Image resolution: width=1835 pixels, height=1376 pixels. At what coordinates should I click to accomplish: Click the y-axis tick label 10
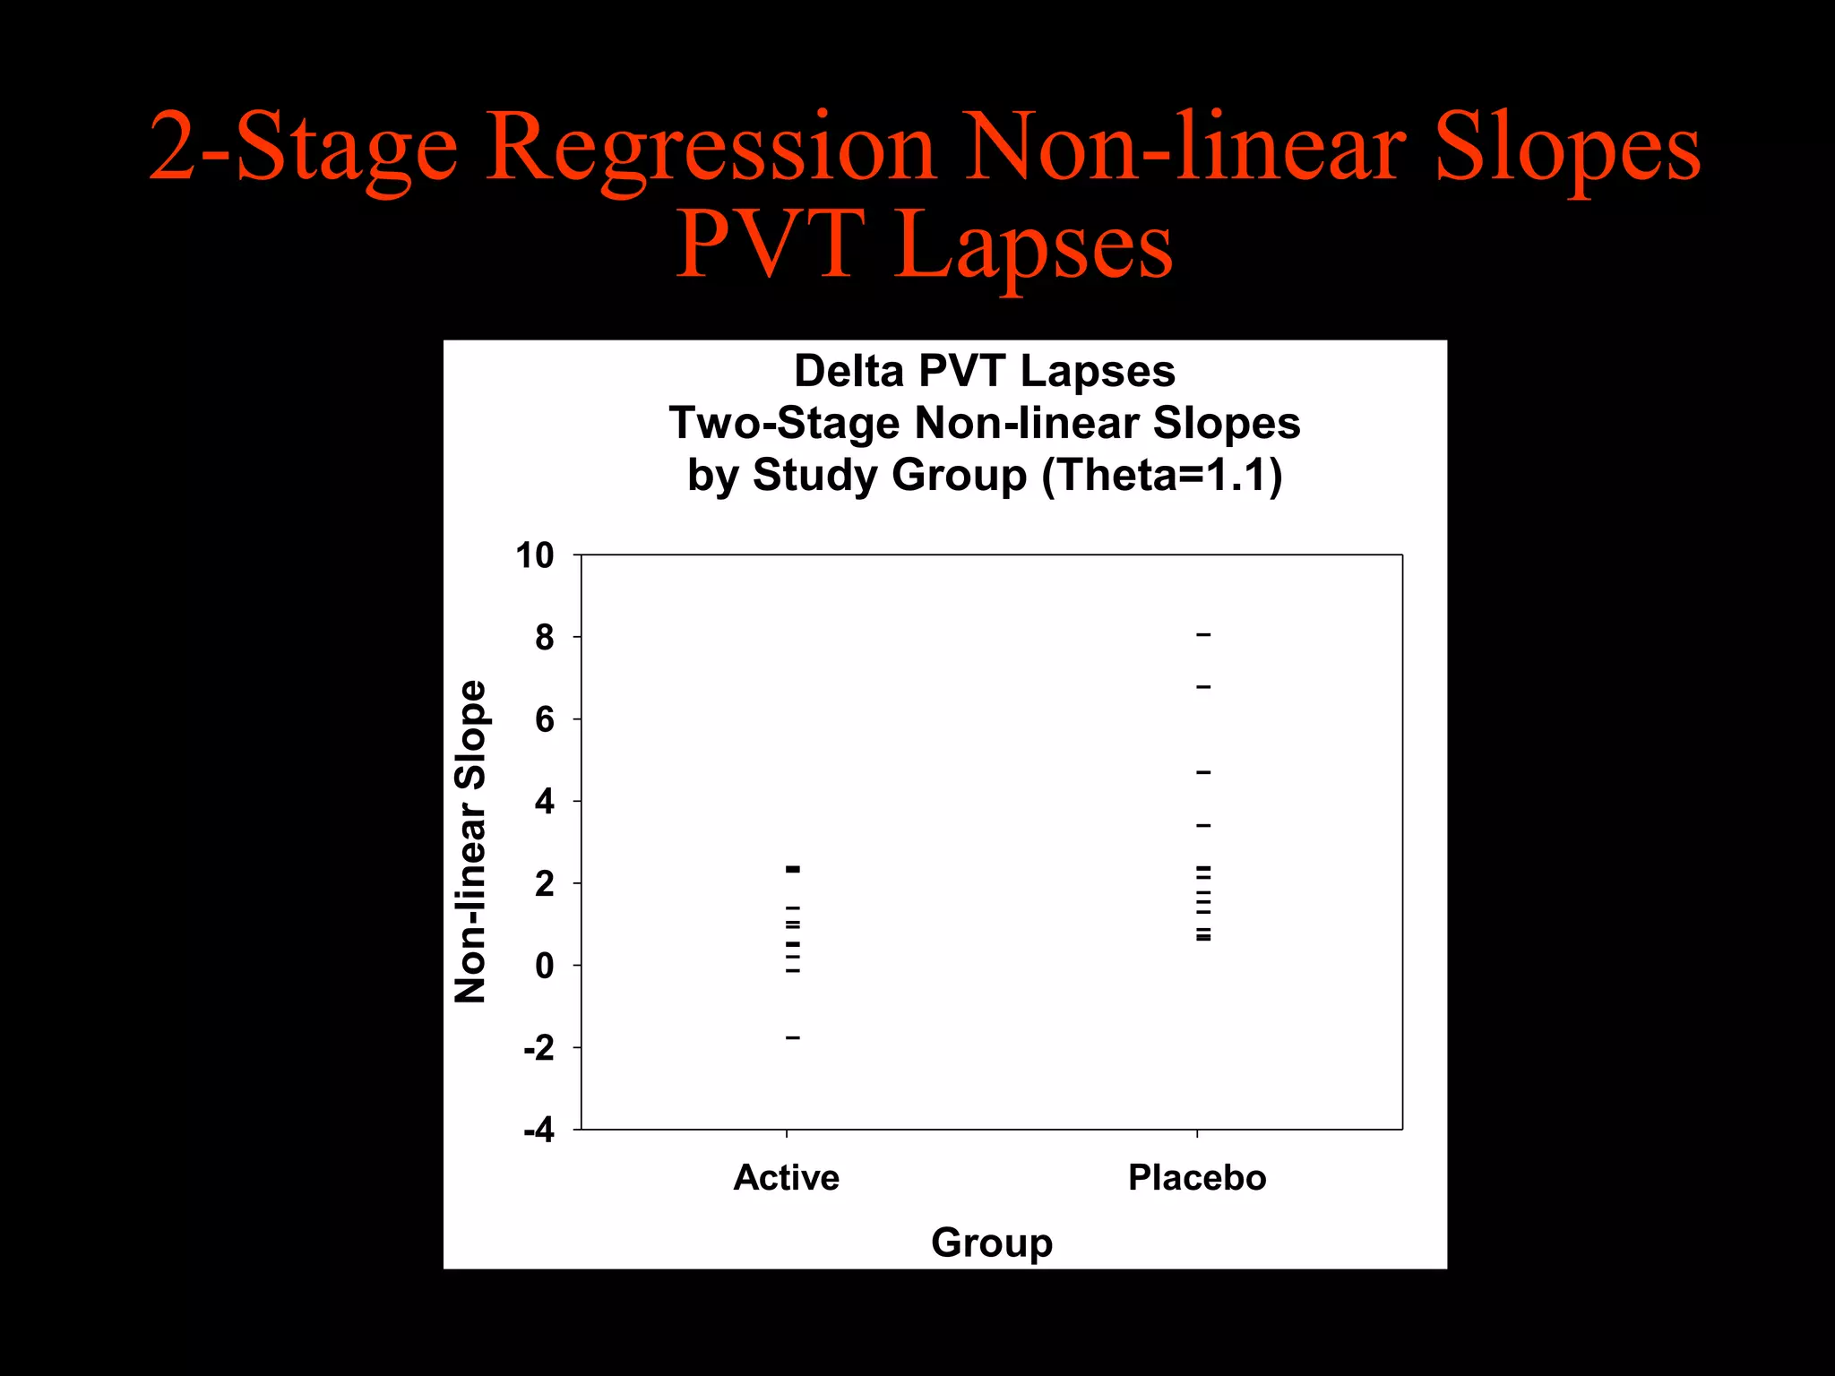point(534,556)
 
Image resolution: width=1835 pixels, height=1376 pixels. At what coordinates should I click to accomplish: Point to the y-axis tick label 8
point(544,638)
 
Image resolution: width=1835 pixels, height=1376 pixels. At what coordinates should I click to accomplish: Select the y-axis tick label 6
point(544,720)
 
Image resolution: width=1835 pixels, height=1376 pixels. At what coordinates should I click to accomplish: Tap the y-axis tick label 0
point(544,967)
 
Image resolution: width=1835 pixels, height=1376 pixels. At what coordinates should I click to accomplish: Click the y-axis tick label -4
point(538,1131)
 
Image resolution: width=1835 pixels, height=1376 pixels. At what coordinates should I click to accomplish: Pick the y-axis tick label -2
point(538,1048)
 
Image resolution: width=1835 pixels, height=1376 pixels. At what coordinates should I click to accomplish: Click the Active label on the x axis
point(786,1178)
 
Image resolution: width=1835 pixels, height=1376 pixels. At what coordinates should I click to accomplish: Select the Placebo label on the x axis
point(1197,1178)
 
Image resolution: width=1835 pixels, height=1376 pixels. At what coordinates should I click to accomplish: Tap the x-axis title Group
point(991,1243)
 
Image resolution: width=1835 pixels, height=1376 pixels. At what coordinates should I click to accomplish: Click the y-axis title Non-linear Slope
point(470,842)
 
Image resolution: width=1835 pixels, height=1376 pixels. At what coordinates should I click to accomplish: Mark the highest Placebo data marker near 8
point(1203,635)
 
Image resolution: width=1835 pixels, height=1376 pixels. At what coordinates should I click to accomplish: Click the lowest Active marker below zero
point(793,1037)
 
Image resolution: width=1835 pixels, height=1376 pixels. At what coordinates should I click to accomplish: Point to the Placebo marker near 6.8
point(1203,687)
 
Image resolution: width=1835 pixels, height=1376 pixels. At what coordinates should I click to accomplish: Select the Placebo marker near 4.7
point(1203,772)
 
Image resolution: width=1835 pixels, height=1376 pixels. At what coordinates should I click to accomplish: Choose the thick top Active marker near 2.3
point(793,869)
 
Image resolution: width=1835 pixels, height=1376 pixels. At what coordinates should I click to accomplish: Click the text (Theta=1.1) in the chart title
point(1162,475)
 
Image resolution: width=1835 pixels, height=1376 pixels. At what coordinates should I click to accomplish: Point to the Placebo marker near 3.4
point(1203,825)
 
